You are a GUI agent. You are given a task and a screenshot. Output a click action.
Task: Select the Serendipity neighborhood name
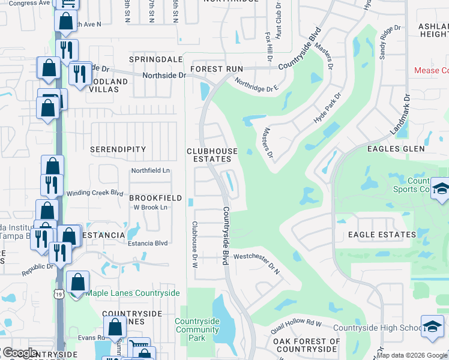[118, 149]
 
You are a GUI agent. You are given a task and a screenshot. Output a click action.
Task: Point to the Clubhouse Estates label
[211, 155]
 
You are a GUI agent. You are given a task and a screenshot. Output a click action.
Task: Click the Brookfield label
[155, 197]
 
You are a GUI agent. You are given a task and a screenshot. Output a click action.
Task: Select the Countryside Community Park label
[197, 329]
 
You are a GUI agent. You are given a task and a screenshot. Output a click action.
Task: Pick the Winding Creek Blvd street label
[94, 193]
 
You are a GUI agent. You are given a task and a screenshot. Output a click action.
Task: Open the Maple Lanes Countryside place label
[132, 293]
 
